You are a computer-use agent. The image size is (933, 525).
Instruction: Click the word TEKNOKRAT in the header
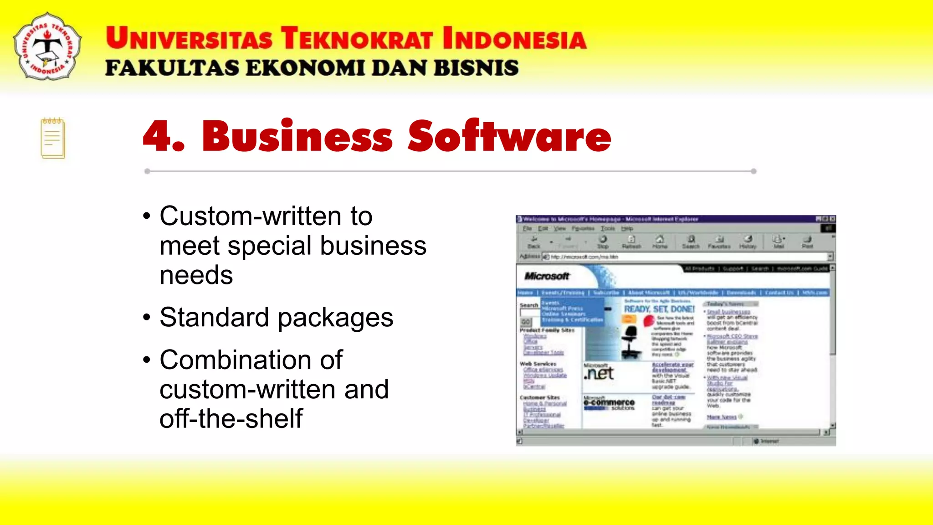click(x=357, y=38)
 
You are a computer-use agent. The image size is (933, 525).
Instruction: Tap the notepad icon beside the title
click(x=53, y=138)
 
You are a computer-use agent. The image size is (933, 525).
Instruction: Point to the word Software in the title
click(x=509, y=136)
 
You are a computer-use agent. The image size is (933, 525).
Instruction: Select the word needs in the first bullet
click(x=196, y=275)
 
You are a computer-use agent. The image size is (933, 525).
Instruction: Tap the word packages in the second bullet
click(x=336, y=318)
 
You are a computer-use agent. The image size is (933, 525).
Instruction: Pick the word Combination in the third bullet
click(x=251, y=360)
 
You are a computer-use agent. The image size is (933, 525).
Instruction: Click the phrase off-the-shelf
click(x=231, y=418)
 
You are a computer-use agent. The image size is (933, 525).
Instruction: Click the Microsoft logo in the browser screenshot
click(x=547, y=276)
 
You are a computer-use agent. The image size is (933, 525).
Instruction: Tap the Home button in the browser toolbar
click(x=660, y=242)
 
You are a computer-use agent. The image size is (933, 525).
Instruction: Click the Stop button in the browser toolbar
click(x=603, y=242)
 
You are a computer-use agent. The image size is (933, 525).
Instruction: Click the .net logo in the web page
click(x=599, y=373)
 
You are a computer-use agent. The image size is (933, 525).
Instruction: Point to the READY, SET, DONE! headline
click(x=659, y=309)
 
